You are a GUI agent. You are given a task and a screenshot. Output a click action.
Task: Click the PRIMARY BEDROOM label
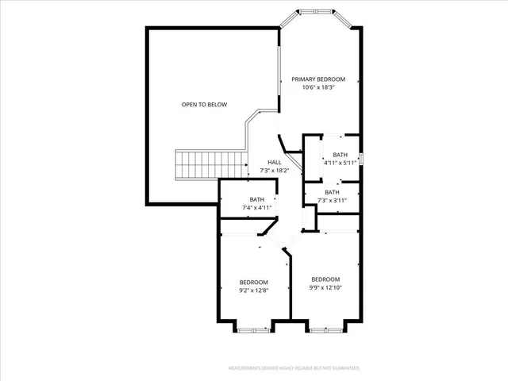317,79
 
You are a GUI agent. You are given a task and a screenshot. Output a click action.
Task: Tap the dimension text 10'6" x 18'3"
317,87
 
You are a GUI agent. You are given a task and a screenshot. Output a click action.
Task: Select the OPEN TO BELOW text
204,104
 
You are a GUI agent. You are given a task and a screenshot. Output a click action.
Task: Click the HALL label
274,162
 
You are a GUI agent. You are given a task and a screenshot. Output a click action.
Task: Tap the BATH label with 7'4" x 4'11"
256,199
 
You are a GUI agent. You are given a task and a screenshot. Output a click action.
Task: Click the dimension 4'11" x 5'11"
340,163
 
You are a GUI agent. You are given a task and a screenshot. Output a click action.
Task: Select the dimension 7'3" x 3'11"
332,200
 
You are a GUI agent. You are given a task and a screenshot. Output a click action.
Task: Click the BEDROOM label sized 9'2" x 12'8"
254,282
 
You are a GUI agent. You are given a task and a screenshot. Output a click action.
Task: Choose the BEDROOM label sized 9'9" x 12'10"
325,279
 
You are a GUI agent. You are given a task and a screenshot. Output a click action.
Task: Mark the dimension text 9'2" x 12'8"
254,291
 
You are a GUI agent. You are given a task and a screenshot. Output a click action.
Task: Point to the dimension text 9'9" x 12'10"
325,287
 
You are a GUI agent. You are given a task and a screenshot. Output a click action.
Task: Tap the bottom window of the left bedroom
254,329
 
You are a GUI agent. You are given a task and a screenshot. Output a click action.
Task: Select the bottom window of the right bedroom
325,329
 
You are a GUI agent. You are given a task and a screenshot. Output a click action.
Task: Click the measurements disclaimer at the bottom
294,368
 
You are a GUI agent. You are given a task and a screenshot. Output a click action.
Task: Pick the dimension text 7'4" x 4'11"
256,208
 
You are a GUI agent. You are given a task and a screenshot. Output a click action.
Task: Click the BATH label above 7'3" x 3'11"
332,192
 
